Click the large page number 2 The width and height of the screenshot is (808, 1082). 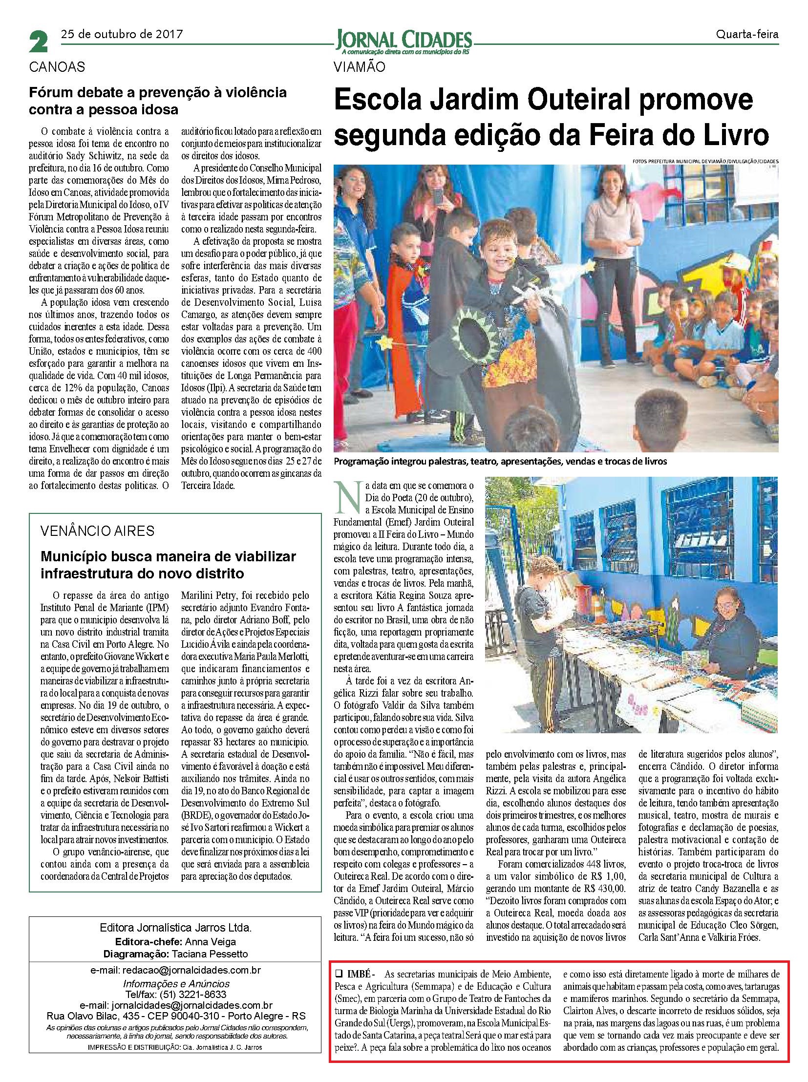click(39, 42)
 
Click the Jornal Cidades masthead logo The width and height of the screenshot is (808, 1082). click(404, 39)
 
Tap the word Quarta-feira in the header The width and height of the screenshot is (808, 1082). click(747, 35)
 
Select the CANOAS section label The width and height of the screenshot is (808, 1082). click(57, 67)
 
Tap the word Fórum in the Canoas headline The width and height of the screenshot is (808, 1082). click(51, 92)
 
